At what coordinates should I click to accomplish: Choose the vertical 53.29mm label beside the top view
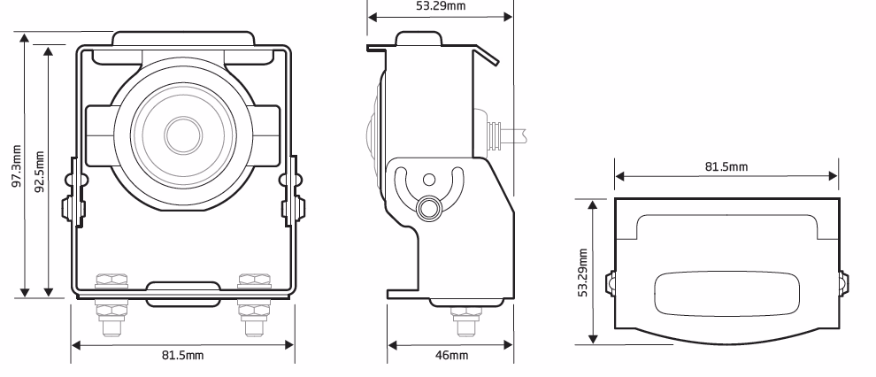coord(584,270)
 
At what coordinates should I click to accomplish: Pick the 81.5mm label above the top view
coord(726,166)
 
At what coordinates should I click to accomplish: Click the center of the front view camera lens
coord(183,134)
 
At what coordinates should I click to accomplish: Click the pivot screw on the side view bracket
coord(428,207)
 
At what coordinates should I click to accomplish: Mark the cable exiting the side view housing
coord(513,135)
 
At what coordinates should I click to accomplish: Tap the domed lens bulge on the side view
coord(372,133)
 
